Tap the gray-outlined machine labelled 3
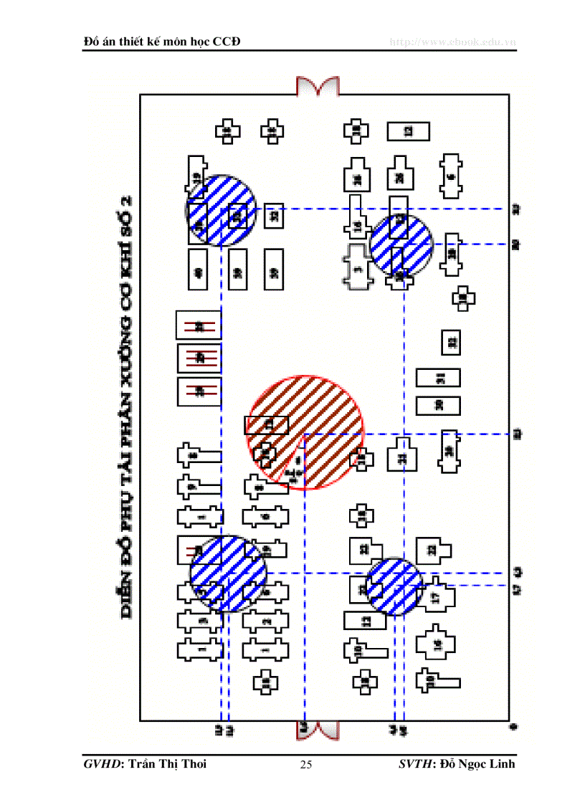pyautogui.click(x=358, y=269)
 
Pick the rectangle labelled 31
pyautogui.click(x=438, y=377)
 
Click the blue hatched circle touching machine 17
pyautogui.click(x=394, y=586)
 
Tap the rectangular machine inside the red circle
pyautogui.click(x=267, y=425)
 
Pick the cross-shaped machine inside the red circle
pyautogui.click(x=265, y=453)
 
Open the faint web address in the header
pyautogui.click(x=452, y=42)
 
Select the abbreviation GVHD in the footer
pyautogui.click(x=100, y=764)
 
